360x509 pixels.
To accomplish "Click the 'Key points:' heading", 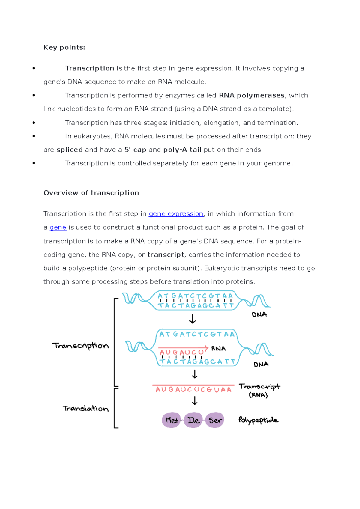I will (64, 47).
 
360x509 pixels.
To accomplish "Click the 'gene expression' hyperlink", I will (176, 214).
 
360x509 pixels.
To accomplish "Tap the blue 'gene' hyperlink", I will (58, 227).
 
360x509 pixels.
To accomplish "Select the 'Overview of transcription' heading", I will (91, 193).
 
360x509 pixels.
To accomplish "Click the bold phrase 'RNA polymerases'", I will (252, 95).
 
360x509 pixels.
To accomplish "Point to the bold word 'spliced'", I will (70, 150).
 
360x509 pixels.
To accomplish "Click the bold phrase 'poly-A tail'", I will (182, 150).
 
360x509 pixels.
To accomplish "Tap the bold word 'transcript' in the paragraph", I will (166, 255).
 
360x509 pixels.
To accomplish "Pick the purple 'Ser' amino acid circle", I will (215, 420).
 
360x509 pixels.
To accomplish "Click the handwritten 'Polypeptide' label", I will (258, 420).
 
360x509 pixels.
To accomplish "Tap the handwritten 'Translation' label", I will (86, 408).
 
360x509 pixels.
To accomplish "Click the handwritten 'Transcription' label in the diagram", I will (81, 346).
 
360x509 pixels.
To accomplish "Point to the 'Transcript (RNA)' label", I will (259, 390).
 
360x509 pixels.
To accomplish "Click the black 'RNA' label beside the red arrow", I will (218, 349).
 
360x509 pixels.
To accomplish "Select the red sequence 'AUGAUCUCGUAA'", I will (193, 390).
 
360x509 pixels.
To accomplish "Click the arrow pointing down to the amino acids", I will (195, 401).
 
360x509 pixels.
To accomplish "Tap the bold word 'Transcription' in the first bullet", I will (90, 68).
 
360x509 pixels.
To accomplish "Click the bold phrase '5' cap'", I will (135, 150).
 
